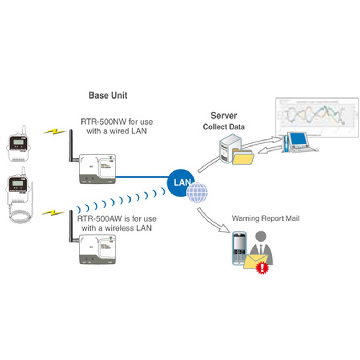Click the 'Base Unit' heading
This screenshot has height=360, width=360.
coord(108,95)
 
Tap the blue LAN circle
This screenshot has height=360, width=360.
coord(181,182)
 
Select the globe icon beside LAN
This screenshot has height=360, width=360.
coord(197,192)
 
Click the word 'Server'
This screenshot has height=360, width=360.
coord(224,115)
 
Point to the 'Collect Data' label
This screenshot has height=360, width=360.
coord(224,127)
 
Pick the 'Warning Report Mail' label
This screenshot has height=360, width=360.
coord(265,218)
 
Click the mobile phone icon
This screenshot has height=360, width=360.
coord(239,248)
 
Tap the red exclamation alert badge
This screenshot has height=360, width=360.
coord(262,268)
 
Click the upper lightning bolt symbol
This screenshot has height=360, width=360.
coord(54,131)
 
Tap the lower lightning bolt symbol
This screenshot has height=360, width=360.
coord(53,212)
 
